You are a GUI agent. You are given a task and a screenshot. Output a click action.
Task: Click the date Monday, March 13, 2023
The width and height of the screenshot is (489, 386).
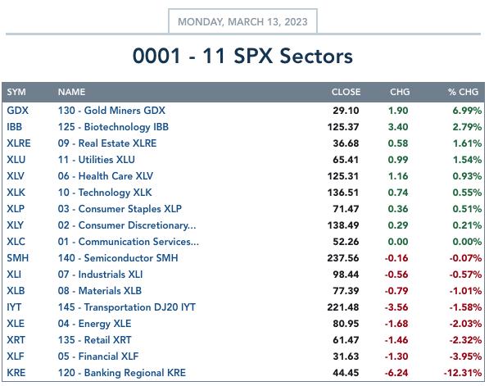[242, 22]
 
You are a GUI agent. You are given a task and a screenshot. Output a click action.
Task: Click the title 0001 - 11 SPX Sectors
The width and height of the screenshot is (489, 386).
[242, 57]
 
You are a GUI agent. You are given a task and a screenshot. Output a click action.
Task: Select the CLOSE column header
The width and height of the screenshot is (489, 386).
[346, 92]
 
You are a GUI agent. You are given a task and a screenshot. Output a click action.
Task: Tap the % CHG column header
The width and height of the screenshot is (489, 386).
[463, 92]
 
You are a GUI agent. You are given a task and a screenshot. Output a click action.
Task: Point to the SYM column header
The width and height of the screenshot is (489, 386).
[16, 92]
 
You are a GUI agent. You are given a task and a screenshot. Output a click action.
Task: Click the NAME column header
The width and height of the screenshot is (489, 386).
[71, 92]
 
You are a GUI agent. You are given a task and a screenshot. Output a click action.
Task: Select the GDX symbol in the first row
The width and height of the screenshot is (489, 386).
[17, 111]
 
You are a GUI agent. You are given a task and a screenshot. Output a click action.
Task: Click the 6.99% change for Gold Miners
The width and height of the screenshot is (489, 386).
[467, 111]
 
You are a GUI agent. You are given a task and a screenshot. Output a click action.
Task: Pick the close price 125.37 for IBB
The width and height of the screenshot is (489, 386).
[343, 127]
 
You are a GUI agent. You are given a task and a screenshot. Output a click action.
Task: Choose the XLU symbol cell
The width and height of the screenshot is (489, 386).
[16, 160]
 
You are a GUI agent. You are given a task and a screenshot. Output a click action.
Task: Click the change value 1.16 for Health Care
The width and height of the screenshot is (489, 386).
[398, 176]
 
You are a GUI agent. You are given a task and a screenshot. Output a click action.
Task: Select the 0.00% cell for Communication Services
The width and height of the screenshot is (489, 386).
[467, 242]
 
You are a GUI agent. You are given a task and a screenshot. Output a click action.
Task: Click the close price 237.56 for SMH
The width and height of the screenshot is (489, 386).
[343, 258]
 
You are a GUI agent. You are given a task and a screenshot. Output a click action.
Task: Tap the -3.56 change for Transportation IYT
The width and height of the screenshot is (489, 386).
[396, 307]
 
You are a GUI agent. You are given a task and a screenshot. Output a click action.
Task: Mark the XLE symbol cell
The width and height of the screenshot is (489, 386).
[16, 324]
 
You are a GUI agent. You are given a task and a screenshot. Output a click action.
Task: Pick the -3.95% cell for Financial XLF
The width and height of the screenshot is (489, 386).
[465, 356]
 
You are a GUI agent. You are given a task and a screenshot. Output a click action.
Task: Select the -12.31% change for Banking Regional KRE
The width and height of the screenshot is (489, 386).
[463, 373]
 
